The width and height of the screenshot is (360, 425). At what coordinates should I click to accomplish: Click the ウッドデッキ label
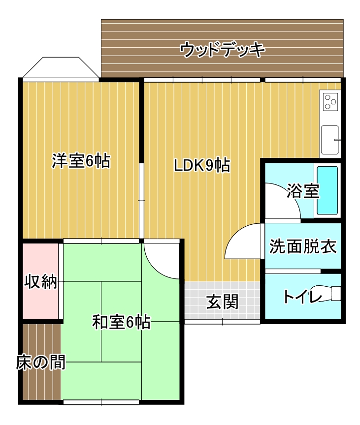coord(223,50)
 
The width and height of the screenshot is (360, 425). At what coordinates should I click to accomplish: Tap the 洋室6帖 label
coord(81,161)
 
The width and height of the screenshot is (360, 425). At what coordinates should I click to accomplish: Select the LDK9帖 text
coord(202,166)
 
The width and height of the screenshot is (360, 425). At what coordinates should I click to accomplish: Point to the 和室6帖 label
coord(121,323)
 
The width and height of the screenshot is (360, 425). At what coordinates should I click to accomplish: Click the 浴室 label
coord(303,191)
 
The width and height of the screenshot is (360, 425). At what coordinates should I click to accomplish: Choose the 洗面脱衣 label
coord(303,246)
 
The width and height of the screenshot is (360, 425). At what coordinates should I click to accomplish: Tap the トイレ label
coord(301,296)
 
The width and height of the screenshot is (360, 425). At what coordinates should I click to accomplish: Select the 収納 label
coord(41,282)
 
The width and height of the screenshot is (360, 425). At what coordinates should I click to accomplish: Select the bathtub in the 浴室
coord(327,190)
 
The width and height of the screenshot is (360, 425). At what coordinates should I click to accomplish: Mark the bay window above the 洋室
coord(60,68)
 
